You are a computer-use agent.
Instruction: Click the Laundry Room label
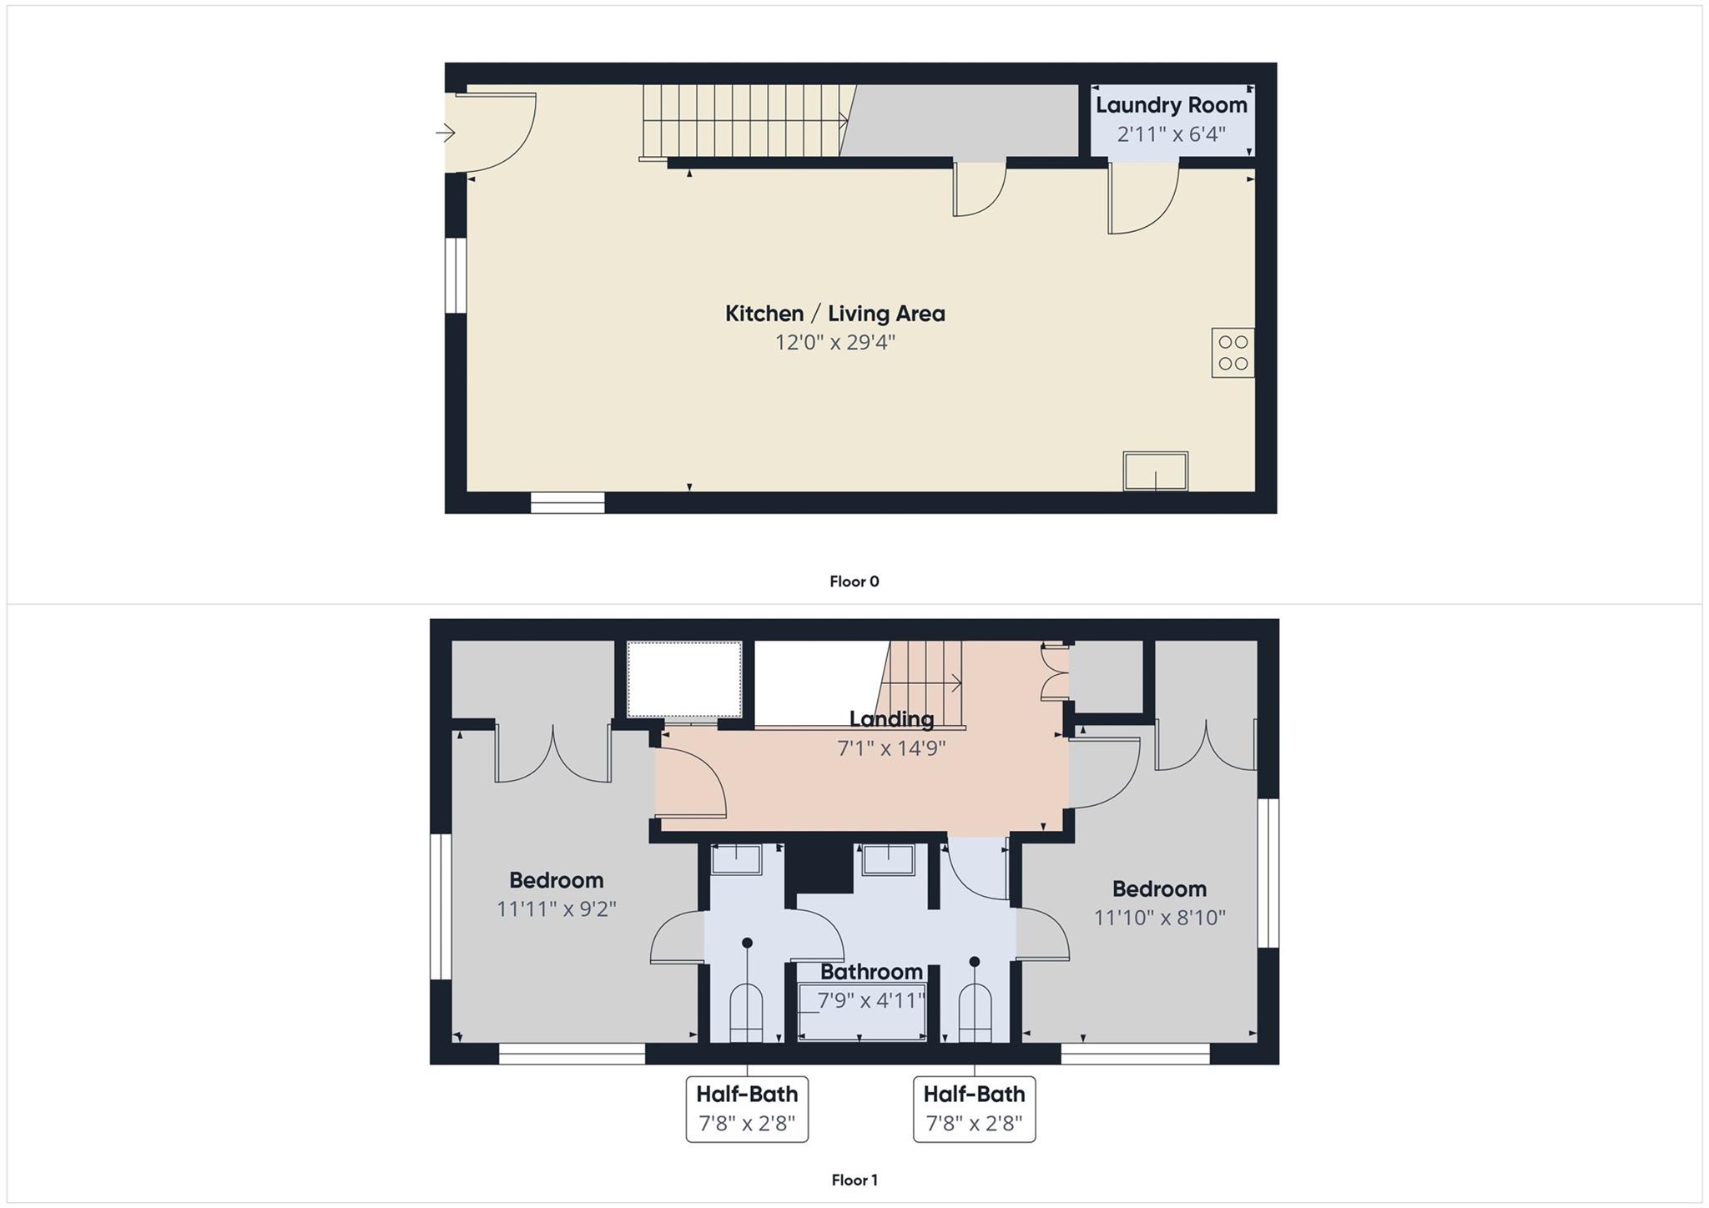pos(1171,105)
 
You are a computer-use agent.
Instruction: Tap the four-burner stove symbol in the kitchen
pos(1233,353)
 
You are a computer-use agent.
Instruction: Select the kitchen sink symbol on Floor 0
pos(1155,471)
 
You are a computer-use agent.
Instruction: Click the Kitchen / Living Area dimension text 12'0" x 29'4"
pos(834,342)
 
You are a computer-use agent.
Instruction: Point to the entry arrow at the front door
pos(445,133)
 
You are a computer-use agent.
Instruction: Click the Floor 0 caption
pos(854,581)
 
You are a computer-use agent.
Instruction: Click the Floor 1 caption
pos(854,1180)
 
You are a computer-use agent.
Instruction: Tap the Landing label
pos(891,718)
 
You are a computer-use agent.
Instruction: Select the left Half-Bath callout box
pos(747,1109)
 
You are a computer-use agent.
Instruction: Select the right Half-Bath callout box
pos(974,1109)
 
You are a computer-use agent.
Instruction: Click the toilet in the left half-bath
pos(746,1013)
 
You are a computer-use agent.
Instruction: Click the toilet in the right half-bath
pos(975,1013)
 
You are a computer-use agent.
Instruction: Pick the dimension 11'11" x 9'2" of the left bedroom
pos(556,909)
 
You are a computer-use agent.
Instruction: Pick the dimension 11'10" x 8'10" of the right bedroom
pos(1159,918)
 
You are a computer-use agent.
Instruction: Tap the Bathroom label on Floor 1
pos(871,972)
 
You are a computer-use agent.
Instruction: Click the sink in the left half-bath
pos(736,858)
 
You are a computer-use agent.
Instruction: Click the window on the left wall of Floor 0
pos(455,275)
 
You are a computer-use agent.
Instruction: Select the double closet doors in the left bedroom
pos(552,755)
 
